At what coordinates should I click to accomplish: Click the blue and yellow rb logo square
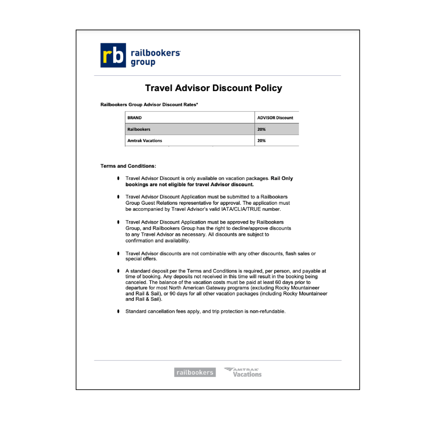[113, 55]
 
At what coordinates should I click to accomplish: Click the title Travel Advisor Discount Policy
[213, 88]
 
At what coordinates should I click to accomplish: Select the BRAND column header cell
[135, 118]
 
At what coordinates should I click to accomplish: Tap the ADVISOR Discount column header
[275, 118]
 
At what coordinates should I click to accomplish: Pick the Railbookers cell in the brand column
[139, 129]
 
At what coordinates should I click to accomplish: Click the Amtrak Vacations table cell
[145, 141]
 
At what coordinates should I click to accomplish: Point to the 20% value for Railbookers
[261, 129]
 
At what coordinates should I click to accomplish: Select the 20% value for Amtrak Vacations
[261, 141]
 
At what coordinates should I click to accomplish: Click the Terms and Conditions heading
[128, 166]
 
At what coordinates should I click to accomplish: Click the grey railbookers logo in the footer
[194, 372]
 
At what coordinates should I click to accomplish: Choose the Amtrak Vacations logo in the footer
[243, 372]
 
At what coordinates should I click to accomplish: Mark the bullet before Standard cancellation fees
[118, 311]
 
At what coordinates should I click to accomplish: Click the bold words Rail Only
[282, 178]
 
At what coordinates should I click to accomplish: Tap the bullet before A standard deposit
[118, 271]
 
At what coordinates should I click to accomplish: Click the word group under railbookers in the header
[143, 63]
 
